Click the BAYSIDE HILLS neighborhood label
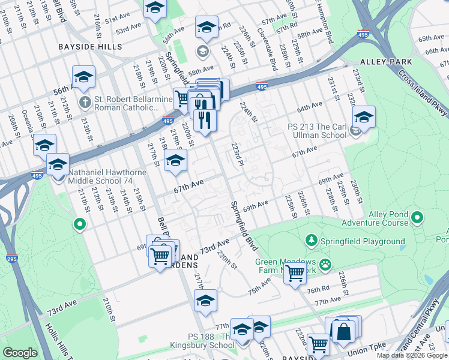90,46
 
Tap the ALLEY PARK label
386,62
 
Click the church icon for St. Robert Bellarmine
85,101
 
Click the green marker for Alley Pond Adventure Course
418,217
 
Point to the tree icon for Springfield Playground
312,241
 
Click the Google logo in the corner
20,353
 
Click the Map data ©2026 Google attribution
411,355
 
